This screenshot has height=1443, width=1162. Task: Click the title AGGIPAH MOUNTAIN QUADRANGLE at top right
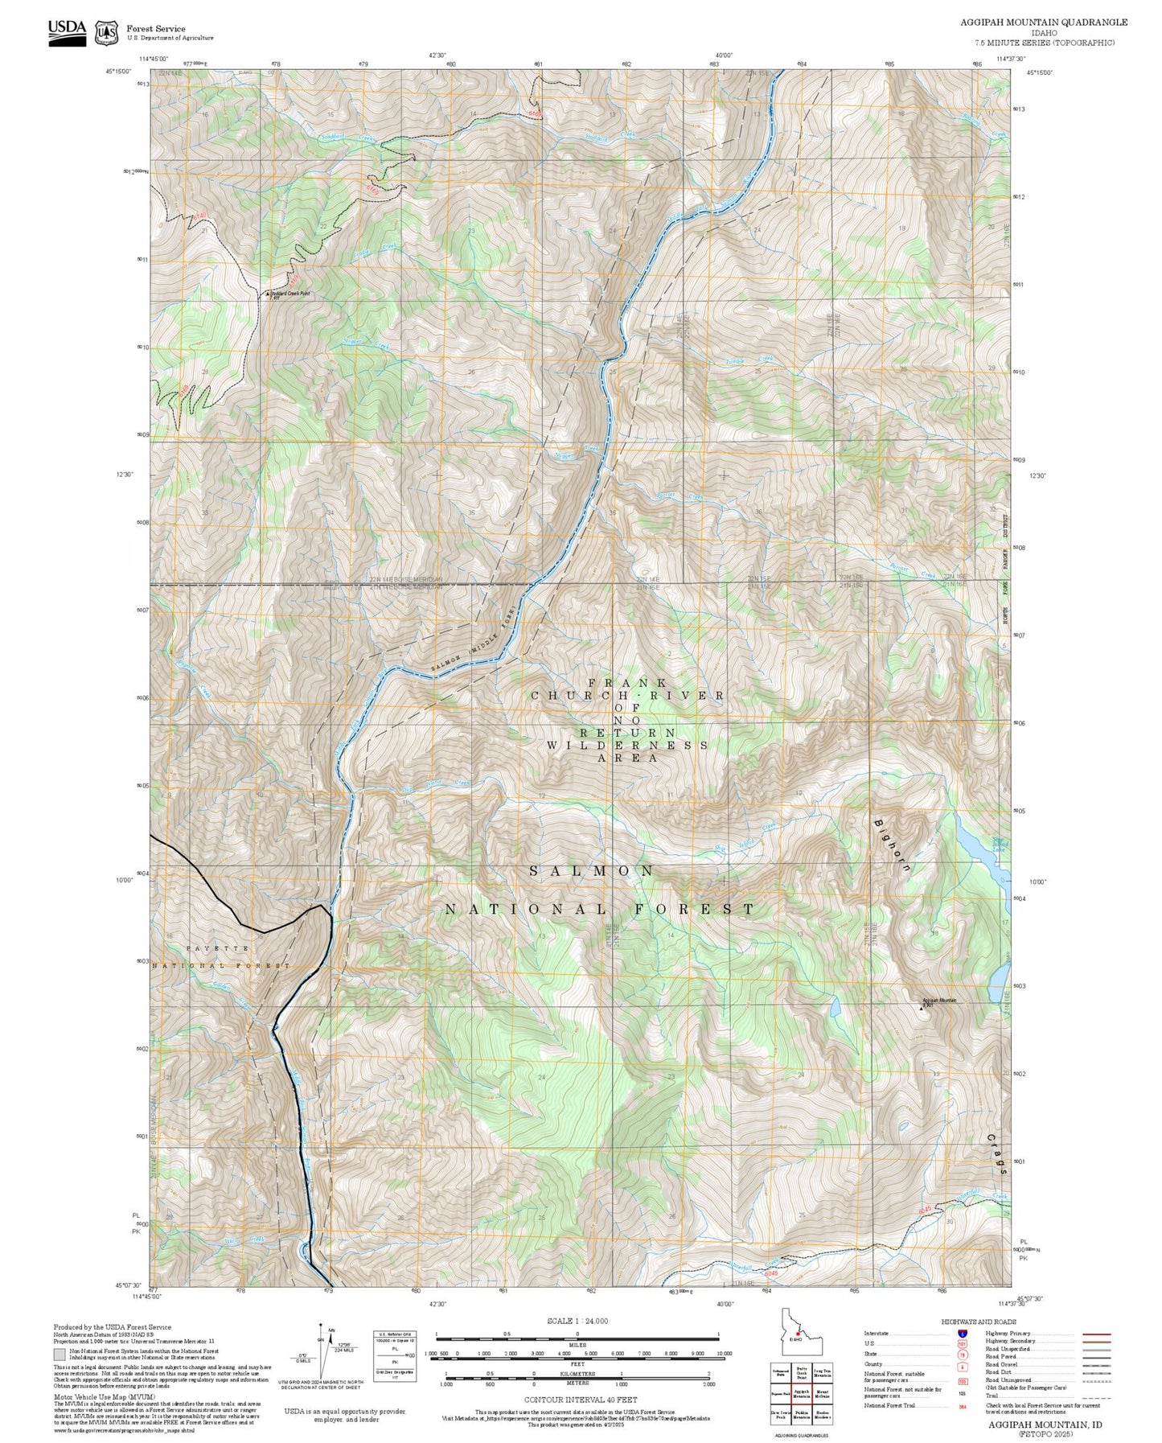[1043, 23]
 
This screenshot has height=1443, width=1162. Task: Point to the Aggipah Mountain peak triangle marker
[922, 1006]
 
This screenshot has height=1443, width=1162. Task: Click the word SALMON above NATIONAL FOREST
[593, 871]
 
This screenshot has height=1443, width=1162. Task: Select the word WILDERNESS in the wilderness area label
[627, 746]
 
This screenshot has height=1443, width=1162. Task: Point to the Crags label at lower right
[997, 1154]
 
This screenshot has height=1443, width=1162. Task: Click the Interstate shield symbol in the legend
[962, 1334]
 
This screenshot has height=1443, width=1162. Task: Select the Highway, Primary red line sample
[1097, 1334]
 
